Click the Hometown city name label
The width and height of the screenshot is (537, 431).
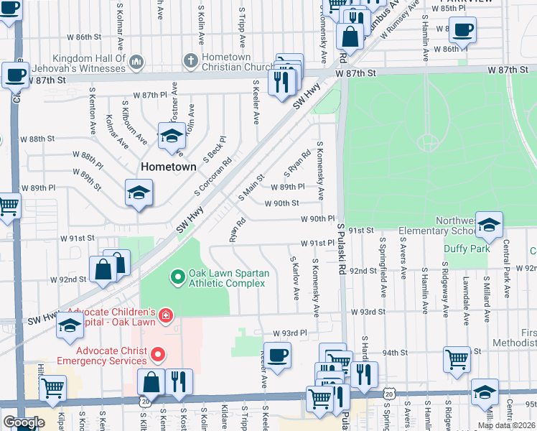pos(168,166)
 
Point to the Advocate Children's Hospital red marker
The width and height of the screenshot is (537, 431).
pos(166,315)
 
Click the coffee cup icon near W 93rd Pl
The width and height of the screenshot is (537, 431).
pos(277,353)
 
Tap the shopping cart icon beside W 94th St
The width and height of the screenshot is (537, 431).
pos(457,358)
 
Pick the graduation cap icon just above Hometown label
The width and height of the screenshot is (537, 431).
pos(172,135)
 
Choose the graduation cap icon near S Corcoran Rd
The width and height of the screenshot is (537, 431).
pos(139,192)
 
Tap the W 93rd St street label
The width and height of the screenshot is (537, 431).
pos(368,312)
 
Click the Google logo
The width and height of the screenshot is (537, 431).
pos(23,422)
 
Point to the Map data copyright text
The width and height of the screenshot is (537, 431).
pos(507,425)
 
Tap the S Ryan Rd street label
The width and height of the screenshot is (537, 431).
pos(297,164)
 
